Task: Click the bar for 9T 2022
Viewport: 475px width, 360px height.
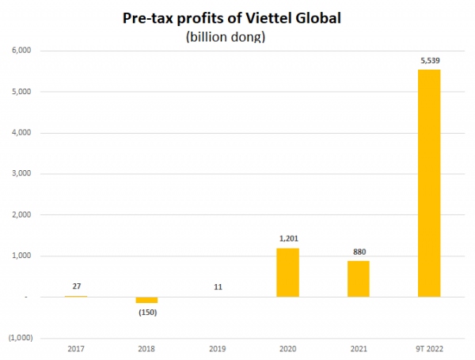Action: (x=429, y=183)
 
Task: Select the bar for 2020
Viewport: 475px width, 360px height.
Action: (x=287, y=272)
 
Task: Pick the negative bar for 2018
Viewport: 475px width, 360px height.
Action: (x=146, y=300)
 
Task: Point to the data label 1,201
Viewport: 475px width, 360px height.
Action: (x=287, y=237)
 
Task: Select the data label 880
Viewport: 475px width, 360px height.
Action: (x=358, y=252)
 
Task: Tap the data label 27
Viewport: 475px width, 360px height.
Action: (x=76, y=286)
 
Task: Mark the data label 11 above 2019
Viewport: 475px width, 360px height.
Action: (x=217, y=286)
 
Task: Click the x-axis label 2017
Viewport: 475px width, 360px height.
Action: (x=76, y=347)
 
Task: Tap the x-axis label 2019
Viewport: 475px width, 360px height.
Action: (x=217, y=347)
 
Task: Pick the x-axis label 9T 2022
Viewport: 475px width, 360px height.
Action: (x=429, y=347)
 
